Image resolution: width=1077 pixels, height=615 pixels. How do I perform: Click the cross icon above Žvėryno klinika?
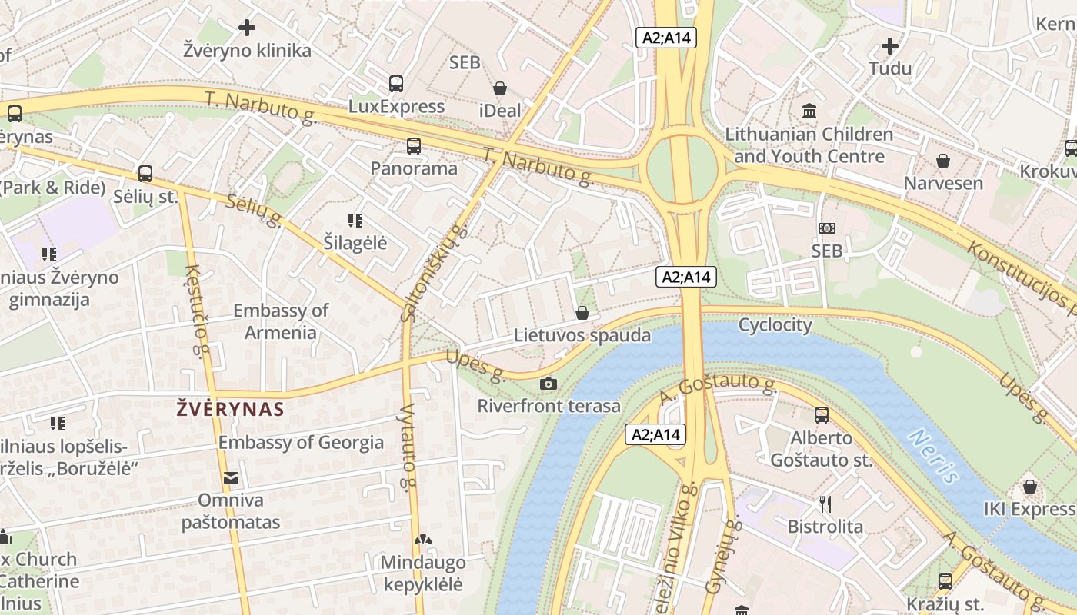click(246, 28)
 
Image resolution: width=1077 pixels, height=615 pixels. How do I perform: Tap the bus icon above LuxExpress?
click(396, 84)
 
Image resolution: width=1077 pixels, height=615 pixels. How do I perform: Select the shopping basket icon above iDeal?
click(500, 88)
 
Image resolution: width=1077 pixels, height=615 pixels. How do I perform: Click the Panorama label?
click(414, 168)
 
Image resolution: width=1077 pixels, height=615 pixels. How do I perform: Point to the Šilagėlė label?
click(355, 244)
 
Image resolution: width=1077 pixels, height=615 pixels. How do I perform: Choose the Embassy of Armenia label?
click(280, 321)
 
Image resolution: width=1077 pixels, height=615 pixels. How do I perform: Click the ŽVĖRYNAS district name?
click(231, 409)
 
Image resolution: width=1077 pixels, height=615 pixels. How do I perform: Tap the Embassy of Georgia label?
click(301, 443)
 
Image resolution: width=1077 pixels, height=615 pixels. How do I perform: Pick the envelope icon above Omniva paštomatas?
click(230, 479)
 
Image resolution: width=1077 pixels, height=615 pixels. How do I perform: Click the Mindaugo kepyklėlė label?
click(422, 573)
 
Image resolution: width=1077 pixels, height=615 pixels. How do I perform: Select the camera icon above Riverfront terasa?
click(549, 384)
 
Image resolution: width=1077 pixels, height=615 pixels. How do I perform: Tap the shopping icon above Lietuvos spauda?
click(582, 313)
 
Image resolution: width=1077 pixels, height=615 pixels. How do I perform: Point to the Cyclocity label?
click(775, 325)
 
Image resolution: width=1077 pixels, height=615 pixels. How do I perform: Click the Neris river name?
click(933, 457)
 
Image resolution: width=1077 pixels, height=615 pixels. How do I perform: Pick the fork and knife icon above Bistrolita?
click(825, 504)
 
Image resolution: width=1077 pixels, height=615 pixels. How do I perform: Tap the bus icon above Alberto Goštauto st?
click(822, 415)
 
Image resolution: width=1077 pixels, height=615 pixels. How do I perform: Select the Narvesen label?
click(943, 184)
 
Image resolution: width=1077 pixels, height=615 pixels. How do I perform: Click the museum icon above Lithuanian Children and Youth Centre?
click(809, 111)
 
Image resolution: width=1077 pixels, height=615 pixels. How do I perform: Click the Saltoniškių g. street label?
click(434, 274)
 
